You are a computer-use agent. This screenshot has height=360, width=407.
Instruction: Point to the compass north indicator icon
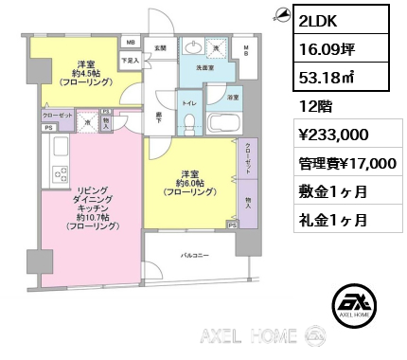coord(280,12)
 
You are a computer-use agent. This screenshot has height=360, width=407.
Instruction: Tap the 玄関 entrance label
coord(160,46)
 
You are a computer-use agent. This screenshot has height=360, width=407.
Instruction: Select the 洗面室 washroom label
coord(203,67)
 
